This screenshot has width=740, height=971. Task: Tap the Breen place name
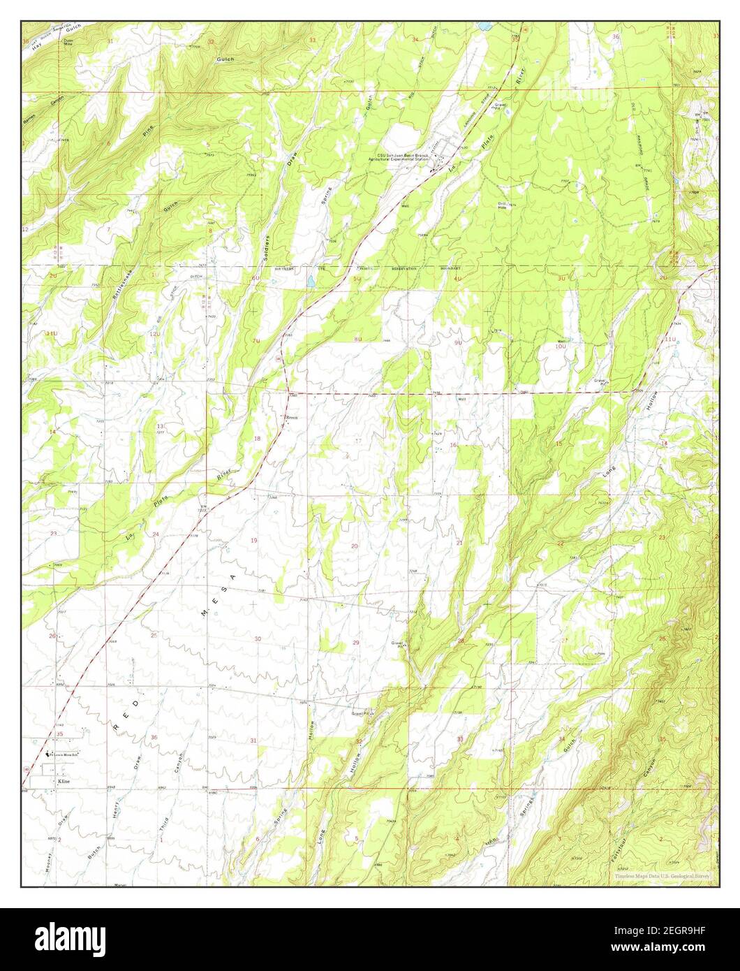click(x=291, y=417)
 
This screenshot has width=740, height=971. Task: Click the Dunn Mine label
click(x=68, y=43)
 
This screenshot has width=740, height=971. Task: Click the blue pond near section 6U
click(x=309, y=282)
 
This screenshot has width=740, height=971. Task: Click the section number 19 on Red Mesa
click(x=254, y=541)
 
